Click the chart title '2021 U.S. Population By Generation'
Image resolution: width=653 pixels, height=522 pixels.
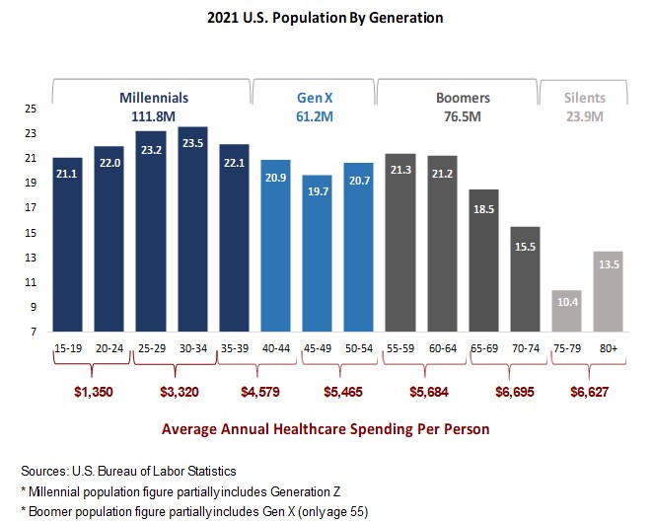pyautogui.click(x=325, y=18)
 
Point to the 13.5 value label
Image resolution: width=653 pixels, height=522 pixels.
pyautogui.click(x=609, y=264)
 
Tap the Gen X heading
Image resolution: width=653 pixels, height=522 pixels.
pyautogui.click(x=316, y=98)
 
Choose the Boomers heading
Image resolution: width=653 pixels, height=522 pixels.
pyautogui.click(x=463, y=98)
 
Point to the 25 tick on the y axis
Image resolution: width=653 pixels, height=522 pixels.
pyautogui.click(x=32, y=109)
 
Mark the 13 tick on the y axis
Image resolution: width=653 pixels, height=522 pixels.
pyautogui.click(x=32, y=258)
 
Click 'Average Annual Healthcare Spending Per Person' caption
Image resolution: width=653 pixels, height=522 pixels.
pyautogui.click(x=325, y=429)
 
